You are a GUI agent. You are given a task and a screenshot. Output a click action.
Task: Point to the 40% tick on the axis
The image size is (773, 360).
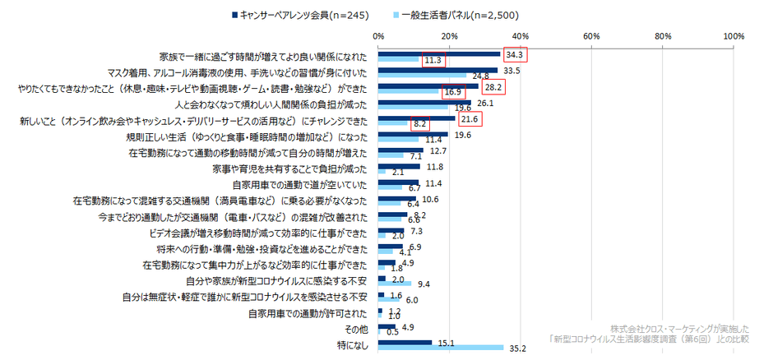521,36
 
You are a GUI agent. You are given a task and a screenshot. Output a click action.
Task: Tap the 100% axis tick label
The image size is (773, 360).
733,36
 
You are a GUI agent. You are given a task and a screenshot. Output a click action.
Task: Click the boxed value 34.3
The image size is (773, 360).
515,55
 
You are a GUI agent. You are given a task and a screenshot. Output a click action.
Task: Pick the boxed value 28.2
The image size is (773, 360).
493,86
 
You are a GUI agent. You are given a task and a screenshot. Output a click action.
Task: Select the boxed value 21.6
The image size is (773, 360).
470,118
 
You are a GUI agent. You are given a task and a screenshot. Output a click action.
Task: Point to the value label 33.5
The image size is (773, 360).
512,71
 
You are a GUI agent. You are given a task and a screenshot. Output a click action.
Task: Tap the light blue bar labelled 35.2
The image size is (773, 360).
441,348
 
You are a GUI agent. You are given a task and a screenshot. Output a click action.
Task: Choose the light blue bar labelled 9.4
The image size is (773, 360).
395,284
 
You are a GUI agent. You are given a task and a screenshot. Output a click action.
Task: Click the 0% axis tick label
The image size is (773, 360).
378,36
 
